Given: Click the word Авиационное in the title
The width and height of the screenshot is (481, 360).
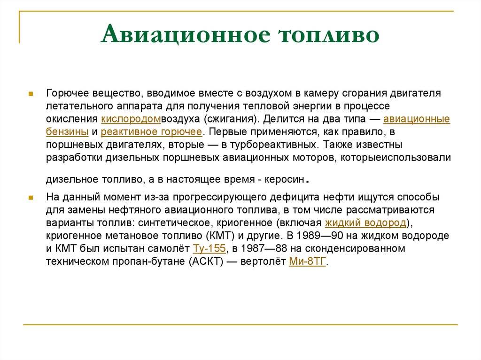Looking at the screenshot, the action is [186, 34].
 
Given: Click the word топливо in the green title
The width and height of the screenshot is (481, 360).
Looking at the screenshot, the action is [329, 35].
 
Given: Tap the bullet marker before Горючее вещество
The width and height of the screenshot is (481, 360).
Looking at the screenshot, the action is [31, 94].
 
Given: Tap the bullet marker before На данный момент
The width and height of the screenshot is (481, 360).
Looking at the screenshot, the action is [31, 198].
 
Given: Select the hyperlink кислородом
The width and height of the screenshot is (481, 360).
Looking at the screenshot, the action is [131, 119].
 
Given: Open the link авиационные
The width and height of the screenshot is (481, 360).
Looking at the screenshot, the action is [417, 119].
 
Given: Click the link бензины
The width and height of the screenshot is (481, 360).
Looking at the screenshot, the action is [67, 132].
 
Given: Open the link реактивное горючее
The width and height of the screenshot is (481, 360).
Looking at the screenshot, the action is [151, 132].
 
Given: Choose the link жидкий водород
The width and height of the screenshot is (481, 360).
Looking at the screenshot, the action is [365, 222].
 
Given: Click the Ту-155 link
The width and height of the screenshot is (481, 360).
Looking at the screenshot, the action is [209, 248].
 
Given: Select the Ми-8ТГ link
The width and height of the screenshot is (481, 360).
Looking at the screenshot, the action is [307, 261].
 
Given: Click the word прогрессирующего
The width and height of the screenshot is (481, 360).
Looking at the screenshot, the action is [220, 197].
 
